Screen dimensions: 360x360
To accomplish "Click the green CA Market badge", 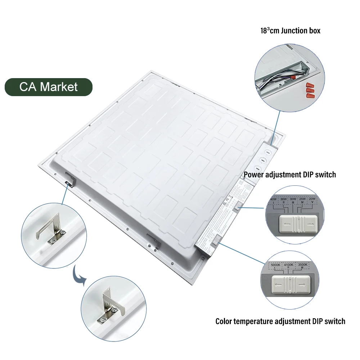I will [48, 87].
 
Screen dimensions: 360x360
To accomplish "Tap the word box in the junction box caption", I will [314, 31].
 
